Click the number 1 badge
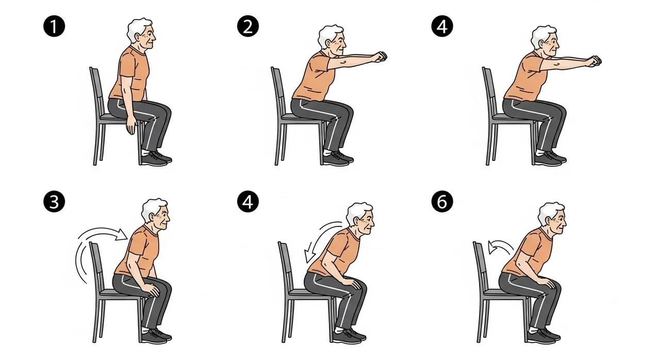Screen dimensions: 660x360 pyautogui.click(x=54, y=26)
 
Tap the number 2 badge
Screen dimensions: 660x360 pyautogui.click(x=248, y=26)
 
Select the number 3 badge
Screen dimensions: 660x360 pyautogui.click(x=54, y=202)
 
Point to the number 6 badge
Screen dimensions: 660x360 pyautogui.click(x=442, y=202)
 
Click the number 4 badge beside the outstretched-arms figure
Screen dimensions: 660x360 pyautogui.click(x=442, y=26)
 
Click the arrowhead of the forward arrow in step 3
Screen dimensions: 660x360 pyautogui.click(x=121, y=235)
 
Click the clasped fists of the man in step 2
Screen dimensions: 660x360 pyautogui.click(x=381, y=56)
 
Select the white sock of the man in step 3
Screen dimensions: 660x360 pyautogui.click(x=146, y=330)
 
